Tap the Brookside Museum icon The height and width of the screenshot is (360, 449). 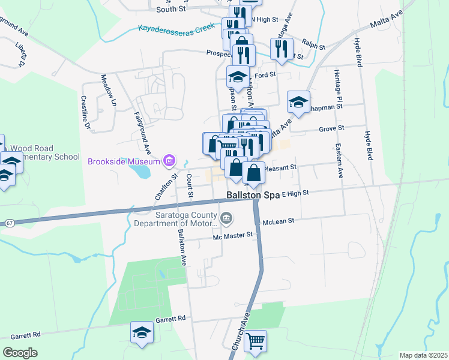169,160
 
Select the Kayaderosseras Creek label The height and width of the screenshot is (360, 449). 176,28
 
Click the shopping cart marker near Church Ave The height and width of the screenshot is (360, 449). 256,341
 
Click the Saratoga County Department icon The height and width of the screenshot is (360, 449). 226,218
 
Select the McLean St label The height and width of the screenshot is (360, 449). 279,221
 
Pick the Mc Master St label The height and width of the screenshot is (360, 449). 233,236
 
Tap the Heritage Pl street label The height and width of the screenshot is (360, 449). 337,86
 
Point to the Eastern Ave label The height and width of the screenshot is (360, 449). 339,159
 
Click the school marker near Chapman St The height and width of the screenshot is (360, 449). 298,101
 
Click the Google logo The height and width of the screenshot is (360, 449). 20,352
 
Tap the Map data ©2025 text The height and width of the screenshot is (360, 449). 423,355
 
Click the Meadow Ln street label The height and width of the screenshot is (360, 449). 109,90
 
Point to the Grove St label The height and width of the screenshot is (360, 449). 331,128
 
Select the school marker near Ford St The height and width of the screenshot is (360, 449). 238,76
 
